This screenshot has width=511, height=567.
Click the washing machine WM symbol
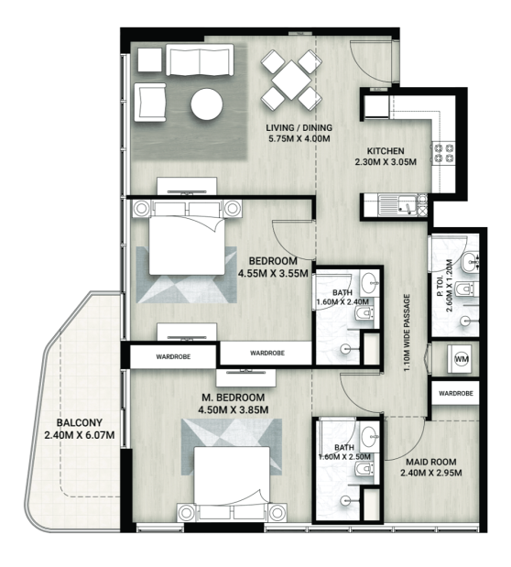click(461, 359)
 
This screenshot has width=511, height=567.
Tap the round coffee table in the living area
click(207, 104)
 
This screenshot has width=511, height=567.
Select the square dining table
click(291, 80)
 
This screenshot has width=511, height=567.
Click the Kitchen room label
click(386, 151)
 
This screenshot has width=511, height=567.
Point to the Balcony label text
click(79, 422)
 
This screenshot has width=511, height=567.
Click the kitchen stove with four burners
click(443, 153)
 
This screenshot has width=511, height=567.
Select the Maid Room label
click(430, 462)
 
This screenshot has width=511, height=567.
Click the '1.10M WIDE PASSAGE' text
click(408, 333)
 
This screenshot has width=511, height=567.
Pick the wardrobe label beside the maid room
click(456, 393)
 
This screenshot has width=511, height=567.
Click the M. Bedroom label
click(233, 398)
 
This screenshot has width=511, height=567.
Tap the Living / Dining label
click(299, 127)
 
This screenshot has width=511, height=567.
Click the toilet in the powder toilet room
click(465, 289)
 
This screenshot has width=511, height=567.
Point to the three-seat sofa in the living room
click(200, 60)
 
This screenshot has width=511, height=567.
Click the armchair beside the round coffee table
click(150, 103)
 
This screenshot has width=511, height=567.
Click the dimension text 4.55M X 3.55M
click(273, 273)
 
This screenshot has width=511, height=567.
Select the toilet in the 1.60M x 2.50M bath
click(364, 469)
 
